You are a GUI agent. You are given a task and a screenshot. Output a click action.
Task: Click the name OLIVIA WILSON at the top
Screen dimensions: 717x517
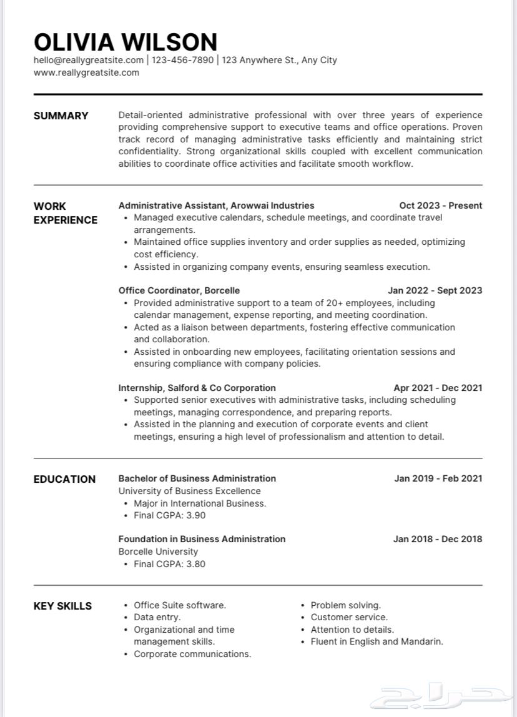126,42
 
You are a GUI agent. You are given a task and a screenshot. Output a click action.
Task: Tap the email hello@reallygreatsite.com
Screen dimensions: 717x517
89,60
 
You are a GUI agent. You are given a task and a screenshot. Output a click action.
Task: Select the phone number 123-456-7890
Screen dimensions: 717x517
182,60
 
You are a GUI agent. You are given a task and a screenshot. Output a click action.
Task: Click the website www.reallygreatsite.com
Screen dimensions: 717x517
86,72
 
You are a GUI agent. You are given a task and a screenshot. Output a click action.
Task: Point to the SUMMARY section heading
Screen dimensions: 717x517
61,116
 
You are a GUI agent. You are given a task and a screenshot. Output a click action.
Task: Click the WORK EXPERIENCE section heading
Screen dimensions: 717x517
65,213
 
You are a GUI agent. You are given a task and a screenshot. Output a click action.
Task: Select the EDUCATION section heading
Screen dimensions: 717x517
64,479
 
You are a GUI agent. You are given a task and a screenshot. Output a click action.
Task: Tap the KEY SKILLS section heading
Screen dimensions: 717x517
62,606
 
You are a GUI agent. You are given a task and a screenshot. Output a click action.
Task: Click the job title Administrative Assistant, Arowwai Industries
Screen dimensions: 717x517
216,205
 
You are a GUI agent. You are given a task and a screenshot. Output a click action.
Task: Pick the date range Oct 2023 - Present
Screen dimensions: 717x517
440,205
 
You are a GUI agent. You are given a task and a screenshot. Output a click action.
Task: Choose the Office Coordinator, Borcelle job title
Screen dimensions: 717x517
179,290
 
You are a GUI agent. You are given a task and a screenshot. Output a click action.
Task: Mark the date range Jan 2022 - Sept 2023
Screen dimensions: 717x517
435,290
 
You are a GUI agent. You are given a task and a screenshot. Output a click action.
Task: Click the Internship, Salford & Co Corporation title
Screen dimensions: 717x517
197,388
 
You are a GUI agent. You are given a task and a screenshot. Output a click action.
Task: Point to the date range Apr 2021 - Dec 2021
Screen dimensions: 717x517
438,388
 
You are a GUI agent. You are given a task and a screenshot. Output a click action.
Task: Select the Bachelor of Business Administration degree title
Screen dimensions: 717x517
197,478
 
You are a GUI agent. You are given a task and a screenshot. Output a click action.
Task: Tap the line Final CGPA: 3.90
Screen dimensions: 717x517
169,515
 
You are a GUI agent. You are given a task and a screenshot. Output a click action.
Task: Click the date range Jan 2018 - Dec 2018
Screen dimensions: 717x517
437,539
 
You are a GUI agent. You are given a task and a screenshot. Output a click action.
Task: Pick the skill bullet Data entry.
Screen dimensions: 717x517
157,617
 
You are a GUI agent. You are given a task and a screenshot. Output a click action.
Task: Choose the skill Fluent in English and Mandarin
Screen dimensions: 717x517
377,641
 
